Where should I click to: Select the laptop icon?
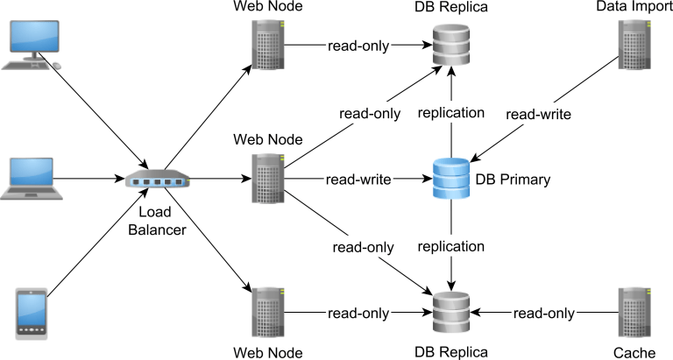click(x=32, y=179)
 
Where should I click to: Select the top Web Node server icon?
click(x=267, y=45)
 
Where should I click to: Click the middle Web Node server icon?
click(x=267, y=179)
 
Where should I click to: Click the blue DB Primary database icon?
click(x=451, y=180)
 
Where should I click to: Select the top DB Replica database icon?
click(x=451, y=46)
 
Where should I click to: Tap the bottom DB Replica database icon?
click(x=451, y=313)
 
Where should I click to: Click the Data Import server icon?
click(x=634, y=46)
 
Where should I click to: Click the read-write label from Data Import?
click(x=539, y=113)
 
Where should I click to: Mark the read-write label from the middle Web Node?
click(x=358, y=180)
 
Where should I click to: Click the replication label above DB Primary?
click(x=451, y=113)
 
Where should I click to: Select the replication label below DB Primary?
click(x=451, y=246)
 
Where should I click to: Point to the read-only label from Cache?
click(x=544, y=313)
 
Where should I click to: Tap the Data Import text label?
click(x=634, y=7)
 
